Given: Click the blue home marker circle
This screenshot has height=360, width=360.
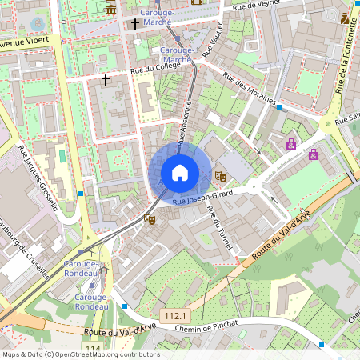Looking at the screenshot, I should pyautogui.click(x=180, y=173).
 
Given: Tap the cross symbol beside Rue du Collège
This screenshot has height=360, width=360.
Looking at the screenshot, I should pyautogui.click(x=106, y=79).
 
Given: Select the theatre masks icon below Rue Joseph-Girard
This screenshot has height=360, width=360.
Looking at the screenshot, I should pyautogui.click(x=149, y=217).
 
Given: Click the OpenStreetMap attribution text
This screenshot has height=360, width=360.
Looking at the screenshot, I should pyautogui.click(x=80, y=354).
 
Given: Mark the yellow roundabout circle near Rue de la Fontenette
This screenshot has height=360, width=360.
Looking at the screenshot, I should pyautogui.click(x=326, y=124).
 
